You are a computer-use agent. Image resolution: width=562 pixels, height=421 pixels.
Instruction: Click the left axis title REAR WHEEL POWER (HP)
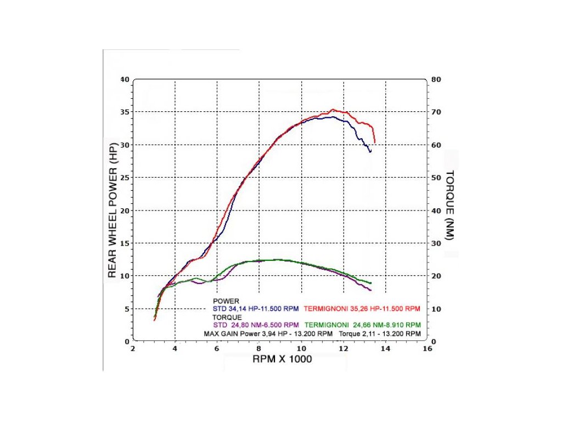click(112, 211)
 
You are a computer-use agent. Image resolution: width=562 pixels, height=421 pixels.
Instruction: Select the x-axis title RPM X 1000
click(282, 359)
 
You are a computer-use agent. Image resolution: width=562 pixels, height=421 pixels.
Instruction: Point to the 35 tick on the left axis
click(124, 112)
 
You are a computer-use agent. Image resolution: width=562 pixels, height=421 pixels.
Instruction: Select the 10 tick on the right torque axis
click(434, 309)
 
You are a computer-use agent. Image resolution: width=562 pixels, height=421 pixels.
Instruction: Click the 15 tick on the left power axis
click(124, 243)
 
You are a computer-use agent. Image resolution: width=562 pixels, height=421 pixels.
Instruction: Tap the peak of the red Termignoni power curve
click(333, 109)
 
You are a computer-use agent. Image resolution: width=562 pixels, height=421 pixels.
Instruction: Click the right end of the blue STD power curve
click(370, 151)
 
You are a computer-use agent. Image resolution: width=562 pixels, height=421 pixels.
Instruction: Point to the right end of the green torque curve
click(371, 283)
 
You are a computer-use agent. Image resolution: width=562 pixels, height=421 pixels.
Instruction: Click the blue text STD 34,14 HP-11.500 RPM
click(256, 309)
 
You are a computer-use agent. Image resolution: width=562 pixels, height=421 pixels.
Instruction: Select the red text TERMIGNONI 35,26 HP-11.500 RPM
click(362, 309)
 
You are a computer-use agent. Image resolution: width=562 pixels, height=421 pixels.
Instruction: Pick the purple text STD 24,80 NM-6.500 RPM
click(256, 324)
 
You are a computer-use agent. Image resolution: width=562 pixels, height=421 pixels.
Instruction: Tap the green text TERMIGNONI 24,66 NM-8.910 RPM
click(363, 324)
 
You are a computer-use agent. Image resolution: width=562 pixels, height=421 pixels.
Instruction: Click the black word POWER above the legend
click(226, 301)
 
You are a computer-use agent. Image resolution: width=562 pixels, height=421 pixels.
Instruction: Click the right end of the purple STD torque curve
click(371, 290)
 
